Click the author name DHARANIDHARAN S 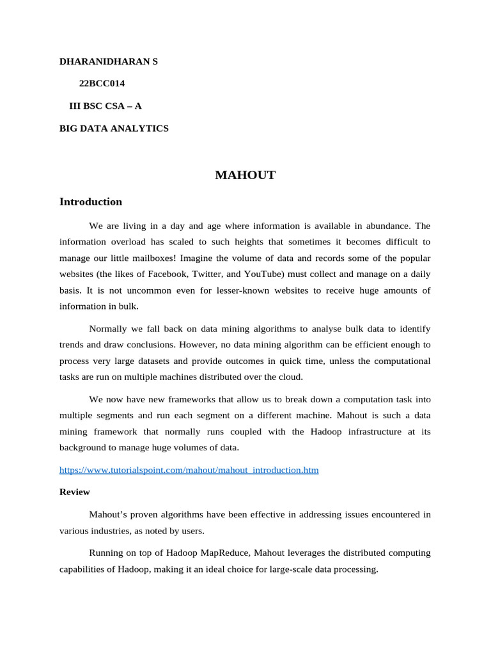(108, 61)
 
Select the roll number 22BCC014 (102, 83)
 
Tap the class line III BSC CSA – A (105, 106)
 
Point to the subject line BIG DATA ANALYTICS (114, 128)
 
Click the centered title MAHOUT (245, 175)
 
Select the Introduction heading (90, 201)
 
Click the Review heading (74, 492)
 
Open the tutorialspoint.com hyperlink (189, 470)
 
